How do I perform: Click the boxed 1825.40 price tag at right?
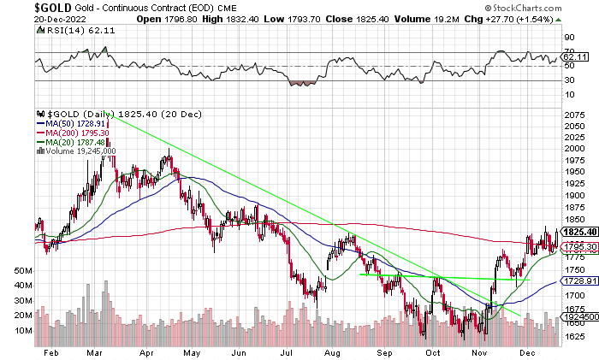click(576, 231)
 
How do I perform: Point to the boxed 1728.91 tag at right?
click(576, 280)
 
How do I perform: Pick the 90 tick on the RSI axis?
click(568, 38)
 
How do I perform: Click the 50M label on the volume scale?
click(24, 269)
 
